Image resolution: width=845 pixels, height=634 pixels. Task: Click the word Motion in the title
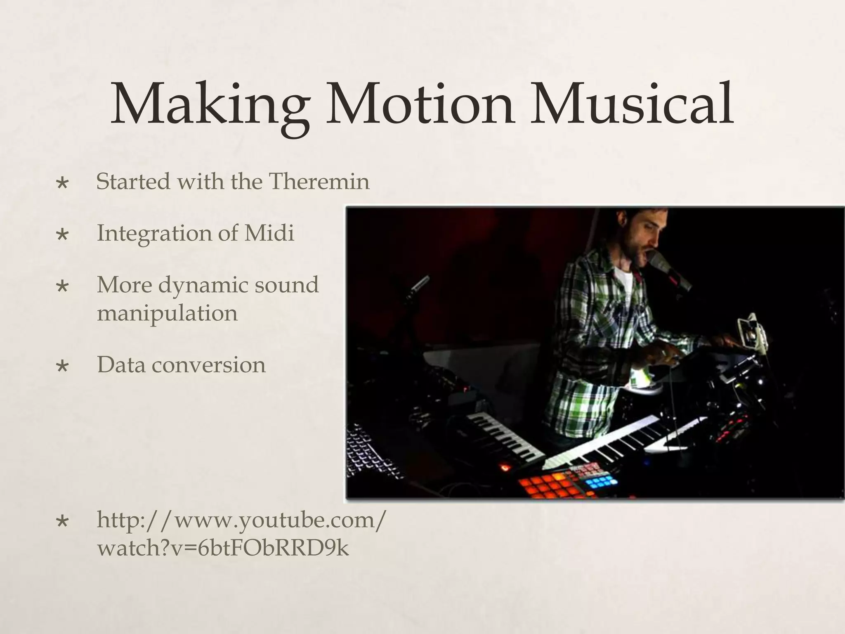pos(420,104)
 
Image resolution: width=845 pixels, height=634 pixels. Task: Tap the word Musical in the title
pos(631,104)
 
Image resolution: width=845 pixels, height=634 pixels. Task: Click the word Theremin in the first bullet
pos(319,181)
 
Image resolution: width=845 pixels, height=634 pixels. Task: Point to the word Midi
pos(269,233)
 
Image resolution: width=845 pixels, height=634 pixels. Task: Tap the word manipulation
pos(167,313)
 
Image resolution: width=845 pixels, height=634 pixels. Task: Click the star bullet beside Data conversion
pos(63,366)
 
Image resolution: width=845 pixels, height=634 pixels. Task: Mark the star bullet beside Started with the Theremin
pos(63,182)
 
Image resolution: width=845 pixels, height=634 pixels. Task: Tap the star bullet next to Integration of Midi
pos(63,234)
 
